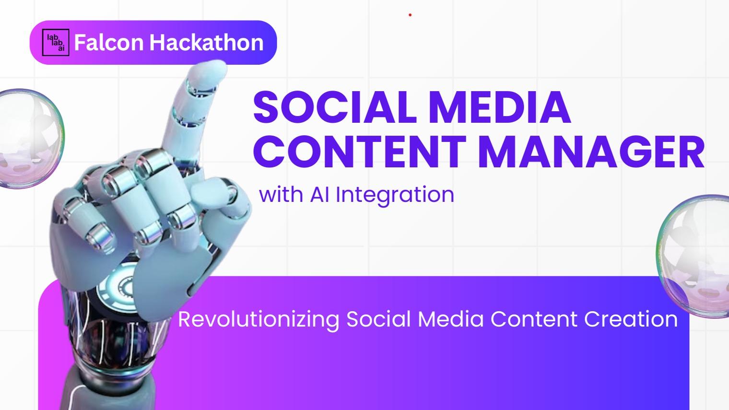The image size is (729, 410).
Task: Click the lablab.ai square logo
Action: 56,43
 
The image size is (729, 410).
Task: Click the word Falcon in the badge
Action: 109,43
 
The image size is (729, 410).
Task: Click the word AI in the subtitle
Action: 319,195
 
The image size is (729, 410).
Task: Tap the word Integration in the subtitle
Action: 395,195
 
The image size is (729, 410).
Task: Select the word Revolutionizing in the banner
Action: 259,319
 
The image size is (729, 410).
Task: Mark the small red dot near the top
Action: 410,15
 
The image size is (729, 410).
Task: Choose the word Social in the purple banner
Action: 378,319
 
